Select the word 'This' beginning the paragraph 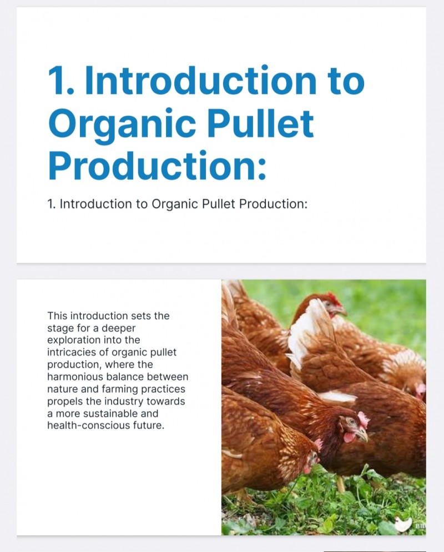[x=57, y=316]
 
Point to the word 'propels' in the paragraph [x=64, y=402]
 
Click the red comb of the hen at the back [x=334, y=298]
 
